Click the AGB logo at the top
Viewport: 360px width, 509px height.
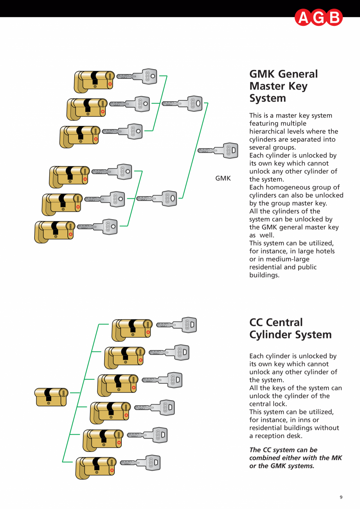[319, 18]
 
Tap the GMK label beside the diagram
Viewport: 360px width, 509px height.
[223, 178]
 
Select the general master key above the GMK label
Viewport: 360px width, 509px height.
[218, 150]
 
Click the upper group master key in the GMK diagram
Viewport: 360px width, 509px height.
[182, 104]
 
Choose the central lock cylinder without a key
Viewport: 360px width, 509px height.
[51, 397]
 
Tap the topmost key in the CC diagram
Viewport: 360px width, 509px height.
[176, 325]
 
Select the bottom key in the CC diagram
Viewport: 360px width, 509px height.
[140, 463]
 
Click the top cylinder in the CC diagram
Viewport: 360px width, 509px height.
[132, 330]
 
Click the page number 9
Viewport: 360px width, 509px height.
[341, 497]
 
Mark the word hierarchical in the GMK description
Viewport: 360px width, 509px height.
[269, 131]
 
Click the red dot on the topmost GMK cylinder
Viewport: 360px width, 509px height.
[110, 84]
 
